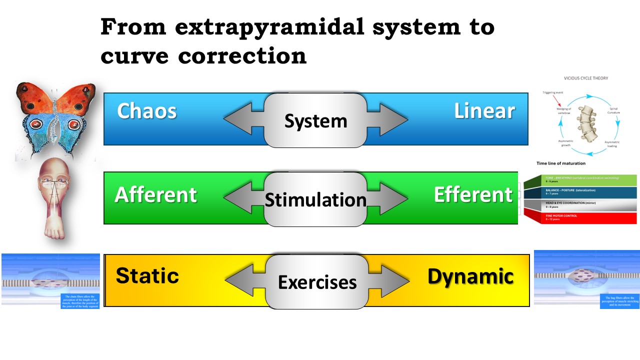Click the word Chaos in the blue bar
146,111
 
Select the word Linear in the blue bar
484,111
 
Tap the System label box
315,120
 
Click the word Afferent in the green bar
155,195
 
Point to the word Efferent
473,195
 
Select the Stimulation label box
315,199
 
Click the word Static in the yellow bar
147,276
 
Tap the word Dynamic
470,276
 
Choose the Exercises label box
317,282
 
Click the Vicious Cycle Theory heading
586,78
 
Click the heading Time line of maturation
560,163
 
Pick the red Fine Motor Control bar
580,218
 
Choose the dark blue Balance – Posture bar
580,192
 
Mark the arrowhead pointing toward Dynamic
397,281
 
